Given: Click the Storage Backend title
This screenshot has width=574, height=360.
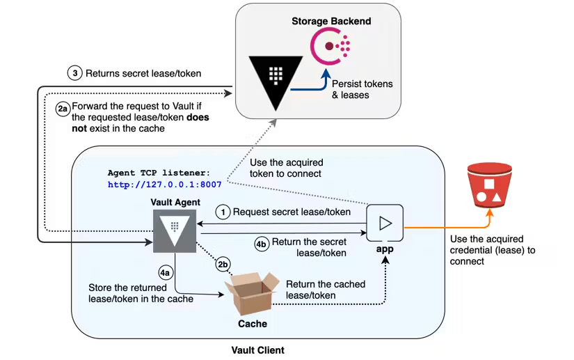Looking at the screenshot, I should (330, 21).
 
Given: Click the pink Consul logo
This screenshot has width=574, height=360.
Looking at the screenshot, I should (331, 48).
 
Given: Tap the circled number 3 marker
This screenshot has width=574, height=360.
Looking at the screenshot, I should (75, 72).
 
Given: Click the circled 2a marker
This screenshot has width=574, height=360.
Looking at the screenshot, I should (62, 108).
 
